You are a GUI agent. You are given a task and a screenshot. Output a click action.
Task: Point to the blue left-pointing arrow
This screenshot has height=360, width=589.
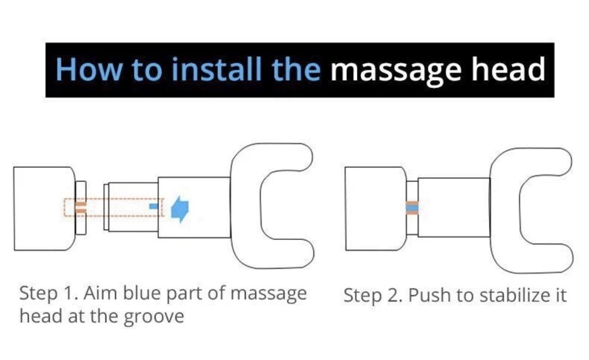[180, 209]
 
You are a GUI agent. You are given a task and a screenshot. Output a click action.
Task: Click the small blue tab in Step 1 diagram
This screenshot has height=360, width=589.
[153, 206]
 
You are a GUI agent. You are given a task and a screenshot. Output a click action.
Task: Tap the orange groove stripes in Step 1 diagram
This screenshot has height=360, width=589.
[80, 207]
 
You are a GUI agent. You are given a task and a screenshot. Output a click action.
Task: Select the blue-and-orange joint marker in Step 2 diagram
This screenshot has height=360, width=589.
[412, 208]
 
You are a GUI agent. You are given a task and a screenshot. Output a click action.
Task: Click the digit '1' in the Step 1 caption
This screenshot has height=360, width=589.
[71, 293]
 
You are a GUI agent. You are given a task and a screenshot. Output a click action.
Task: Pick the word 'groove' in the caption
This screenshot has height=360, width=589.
[154, 317]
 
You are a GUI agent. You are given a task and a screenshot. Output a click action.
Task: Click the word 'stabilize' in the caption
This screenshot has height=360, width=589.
[514, 295]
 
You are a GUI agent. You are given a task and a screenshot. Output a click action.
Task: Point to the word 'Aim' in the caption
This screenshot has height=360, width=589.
[100, 293]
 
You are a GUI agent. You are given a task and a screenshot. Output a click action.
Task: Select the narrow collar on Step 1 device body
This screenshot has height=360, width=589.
[81, 208]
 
